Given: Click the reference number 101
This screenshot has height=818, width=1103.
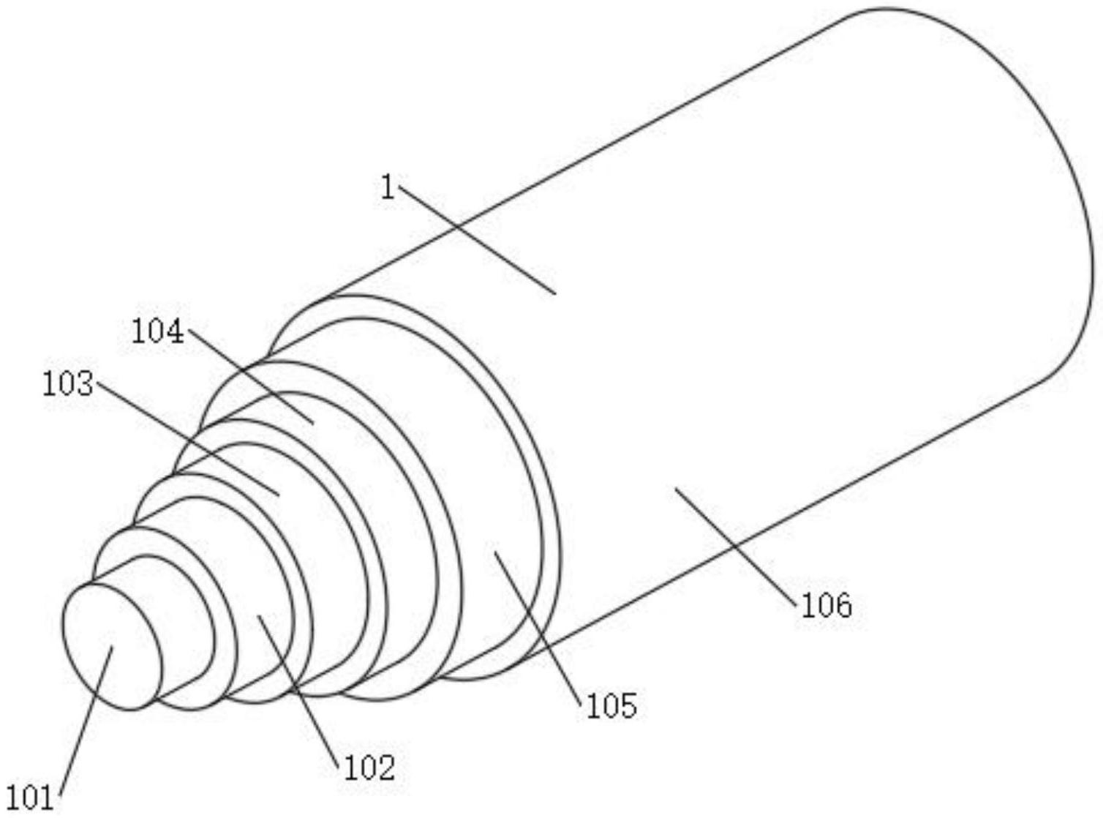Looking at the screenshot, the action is pos(30,798).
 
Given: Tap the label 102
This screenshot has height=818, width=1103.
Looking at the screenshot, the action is pos(369,768).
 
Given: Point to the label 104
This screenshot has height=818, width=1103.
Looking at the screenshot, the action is pos(157,332).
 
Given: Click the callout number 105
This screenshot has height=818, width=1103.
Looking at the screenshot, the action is pos(611,705).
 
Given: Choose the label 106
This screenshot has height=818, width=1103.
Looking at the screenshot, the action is pos(827,605).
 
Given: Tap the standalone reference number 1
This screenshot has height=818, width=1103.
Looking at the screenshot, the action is pos(388,188).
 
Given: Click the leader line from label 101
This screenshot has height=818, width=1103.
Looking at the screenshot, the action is pos(86,721).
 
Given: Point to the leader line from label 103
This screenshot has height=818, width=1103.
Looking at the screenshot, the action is pos(187,436).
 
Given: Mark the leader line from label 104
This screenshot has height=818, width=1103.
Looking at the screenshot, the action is pos(250,376).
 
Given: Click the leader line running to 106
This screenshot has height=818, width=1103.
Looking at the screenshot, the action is pos(734,544).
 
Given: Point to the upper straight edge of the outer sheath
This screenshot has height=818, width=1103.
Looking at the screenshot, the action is pos(585,153).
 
